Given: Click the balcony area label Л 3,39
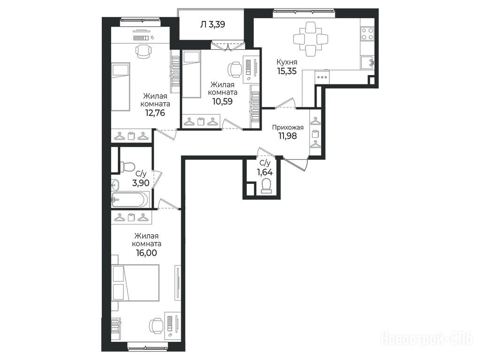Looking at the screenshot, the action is pos(213,24).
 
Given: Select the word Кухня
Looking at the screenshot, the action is pos(287,62).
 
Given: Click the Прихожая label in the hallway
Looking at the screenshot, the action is pos(288,127).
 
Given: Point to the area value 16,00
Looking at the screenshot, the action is pos(146,253).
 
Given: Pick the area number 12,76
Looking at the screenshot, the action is pos(155,113).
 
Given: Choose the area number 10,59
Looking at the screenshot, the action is pos(222,101).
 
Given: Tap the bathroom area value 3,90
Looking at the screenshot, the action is pos(140,183).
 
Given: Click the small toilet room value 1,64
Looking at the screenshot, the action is pos(265,172).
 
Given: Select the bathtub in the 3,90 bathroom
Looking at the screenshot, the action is pos(130,199).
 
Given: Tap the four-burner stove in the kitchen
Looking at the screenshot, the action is pos(367,34).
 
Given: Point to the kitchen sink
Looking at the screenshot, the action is pos(367,63).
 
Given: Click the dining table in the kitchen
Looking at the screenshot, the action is pos(311,39).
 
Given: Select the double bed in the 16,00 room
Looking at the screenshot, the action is pos(136,283).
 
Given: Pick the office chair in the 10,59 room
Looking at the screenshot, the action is pos(235,69).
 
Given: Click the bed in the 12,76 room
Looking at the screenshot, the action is pos(121,87).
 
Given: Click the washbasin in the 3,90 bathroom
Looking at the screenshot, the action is pos(115,184).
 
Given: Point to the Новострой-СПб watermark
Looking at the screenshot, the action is pos(427,339).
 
